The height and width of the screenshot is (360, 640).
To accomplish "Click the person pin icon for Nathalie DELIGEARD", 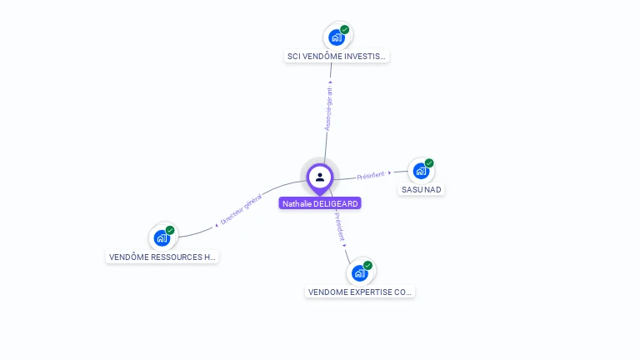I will coord(320,177).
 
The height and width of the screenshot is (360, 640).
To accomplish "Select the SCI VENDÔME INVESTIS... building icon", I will coord(336,37).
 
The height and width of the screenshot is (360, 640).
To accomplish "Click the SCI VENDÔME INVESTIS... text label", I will coord(337,57).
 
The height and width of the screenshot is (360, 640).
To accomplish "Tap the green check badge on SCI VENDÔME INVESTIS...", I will coord(345,29).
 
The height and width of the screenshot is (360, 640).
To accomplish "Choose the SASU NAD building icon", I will coord(421,171).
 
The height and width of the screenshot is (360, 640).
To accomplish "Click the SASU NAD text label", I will coord(422,190).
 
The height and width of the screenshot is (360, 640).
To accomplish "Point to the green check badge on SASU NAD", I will coord(429,163).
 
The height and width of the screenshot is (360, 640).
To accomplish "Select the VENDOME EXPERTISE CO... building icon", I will coord(359,272).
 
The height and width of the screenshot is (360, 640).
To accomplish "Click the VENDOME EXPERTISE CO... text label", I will coord(360,292).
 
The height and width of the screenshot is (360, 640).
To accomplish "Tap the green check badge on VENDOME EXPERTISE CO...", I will coord(367,265).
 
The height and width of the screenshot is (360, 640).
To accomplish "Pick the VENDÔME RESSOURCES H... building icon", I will coord(162,237).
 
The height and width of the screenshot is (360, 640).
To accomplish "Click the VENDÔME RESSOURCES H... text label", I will coord(162,257).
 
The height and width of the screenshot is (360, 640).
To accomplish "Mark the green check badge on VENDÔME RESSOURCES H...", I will coord(170,230).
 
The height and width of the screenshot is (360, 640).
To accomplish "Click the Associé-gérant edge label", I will coord(328,107).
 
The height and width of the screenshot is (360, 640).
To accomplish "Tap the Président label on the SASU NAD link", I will coord(371,175).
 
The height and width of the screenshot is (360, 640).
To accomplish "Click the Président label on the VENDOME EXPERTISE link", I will coord(338,226).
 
